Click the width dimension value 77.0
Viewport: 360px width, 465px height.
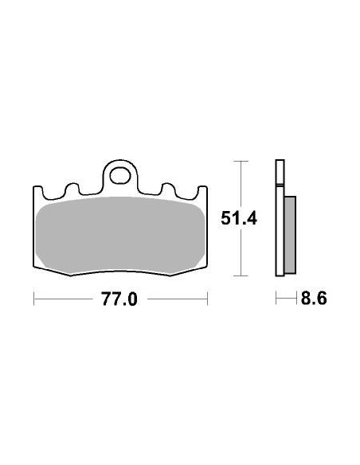tap(120, 300)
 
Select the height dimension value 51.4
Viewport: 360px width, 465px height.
tap(239, 218)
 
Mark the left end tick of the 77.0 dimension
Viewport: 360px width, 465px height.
tap(33, 300)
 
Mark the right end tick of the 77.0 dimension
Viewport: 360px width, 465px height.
tap(207, 300)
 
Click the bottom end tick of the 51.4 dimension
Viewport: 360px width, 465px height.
tap(241, 276)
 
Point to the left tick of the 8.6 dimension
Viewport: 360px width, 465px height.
tap(276, 300)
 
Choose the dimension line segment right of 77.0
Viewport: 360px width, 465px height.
tap(177, 300)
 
